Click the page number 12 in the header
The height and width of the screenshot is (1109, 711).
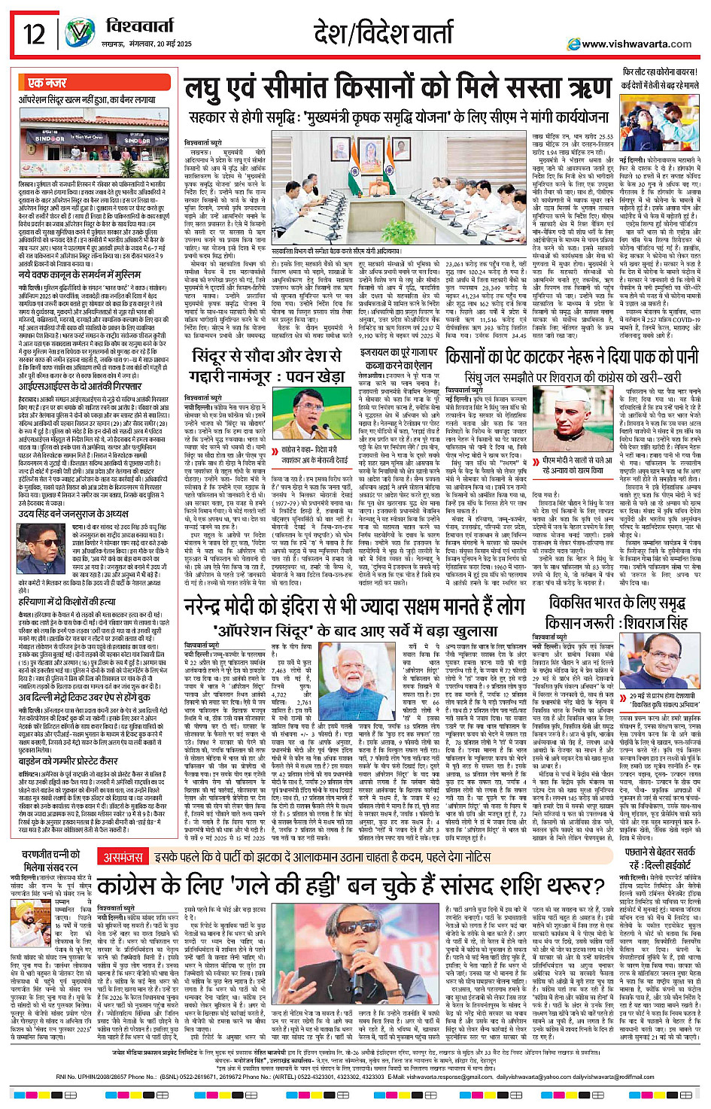[x=34, y=34]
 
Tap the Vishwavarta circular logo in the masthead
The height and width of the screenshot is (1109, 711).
[x=80, y=34]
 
